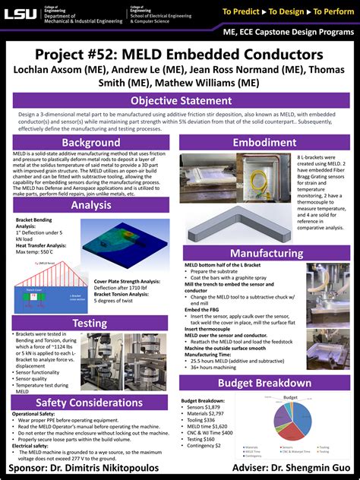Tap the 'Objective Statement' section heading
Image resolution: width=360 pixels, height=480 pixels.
coord(179,101)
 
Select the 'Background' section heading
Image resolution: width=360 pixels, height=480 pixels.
coord(91,143)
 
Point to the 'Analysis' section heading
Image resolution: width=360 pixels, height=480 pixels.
coord(91,205)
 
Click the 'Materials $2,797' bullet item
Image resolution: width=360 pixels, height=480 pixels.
coord(210,413)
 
